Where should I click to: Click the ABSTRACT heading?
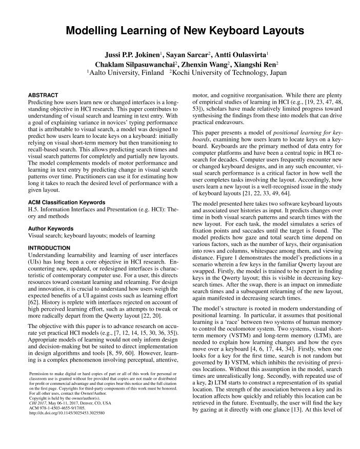pyautogui.click(x=43, y=95)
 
